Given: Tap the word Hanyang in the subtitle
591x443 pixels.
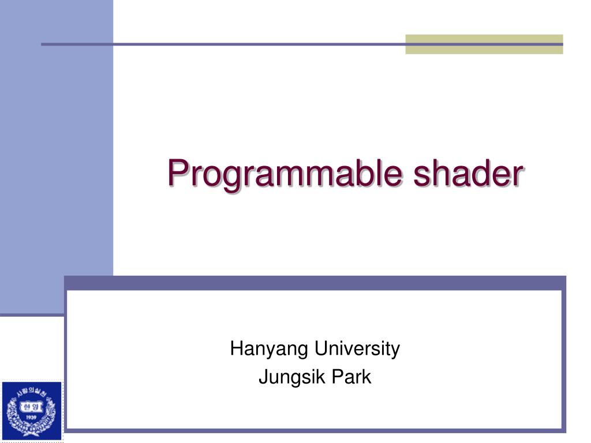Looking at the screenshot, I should pyautogui.click(x=270, y=349).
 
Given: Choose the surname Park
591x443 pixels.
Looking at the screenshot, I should pyautogui.click(x=351, y=377).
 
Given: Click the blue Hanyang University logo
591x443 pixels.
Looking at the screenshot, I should pyautogui.click(x=31, y=411).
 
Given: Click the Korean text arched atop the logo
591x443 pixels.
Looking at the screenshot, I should pyautogui.click(x=31, y=392).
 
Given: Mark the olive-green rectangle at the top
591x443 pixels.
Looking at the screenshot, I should pyautogui.click(x=484, y=44).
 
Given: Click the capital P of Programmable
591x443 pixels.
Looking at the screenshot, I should pyautogui.click(x=177, y=171).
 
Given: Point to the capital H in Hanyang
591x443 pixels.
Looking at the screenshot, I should pyautogui.click(x=235, y=348).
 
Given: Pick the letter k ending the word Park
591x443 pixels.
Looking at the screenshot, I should pyautogui.click(x=367, y=377).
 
